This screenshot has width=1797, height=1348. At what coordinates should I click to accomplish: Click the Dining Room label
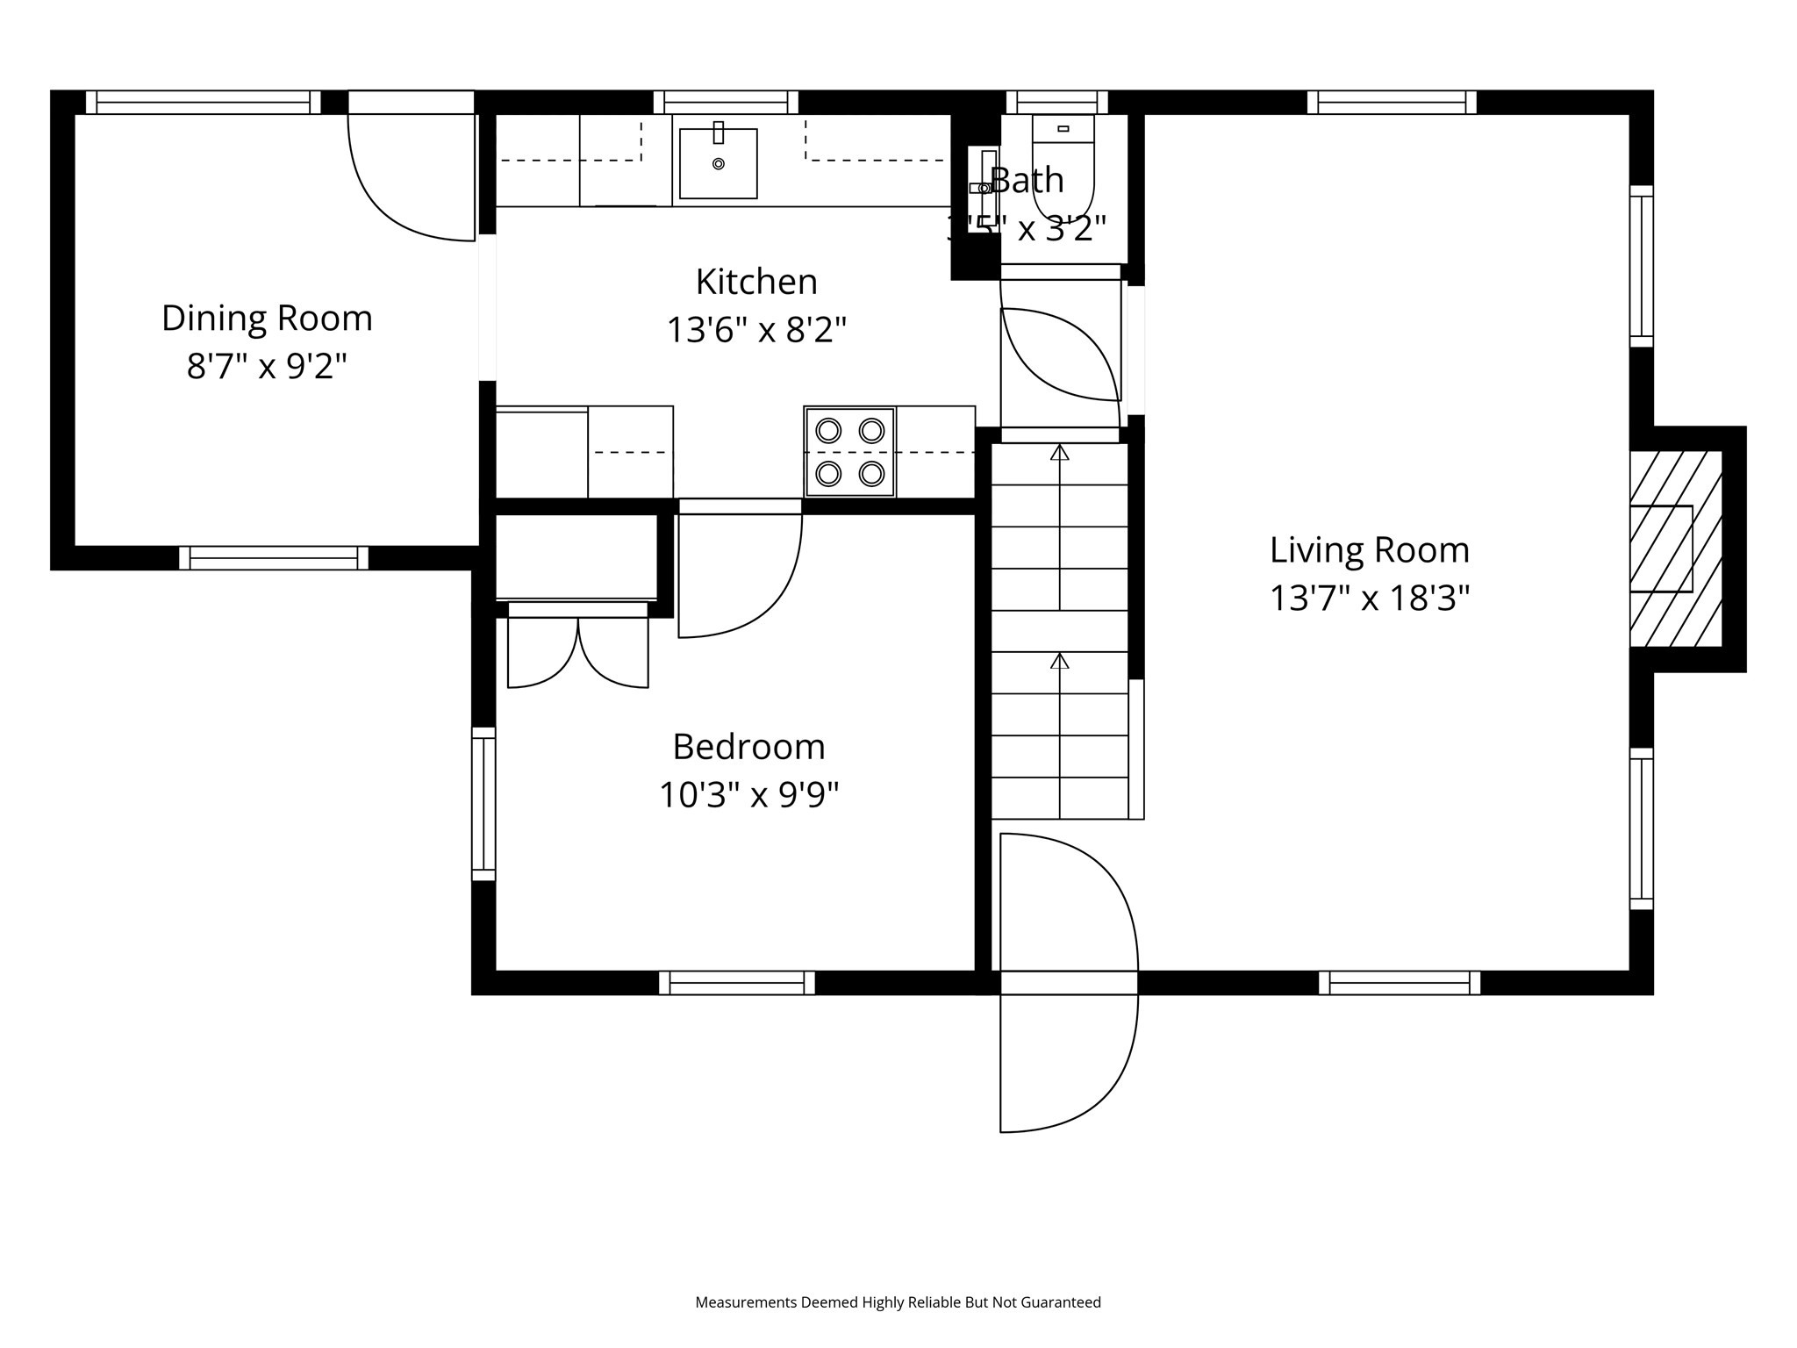tap(267, 318)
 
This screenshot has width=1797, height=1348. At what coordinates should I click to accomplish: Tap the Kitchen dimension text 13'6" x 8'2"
tap(756, 331)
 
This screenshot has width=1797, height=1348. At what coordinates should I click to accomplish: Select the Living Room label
tap(1369, 550)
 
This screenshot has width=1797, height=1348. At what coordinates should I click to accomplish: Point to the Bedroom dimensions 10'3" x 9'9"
tap(748, 795)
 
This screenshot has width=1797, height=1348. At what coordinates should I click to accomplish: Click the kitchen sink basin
tap(718, 163)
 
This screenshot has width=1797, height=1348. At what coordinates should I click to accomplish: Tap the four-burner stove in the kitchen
tap(849, 452)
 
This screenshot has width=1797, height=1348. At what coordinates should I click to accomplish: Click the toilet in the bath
tap(1063, 167)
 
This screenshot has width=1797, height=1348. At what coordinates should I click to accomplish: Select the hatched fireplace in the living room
tap(1674, 549)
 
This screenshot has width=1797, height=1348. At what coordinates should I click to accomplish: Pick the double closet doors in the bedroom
tap(577, 651)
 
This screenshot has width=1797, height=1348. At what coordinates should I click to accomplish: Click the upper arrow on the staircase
tap(1060, 453)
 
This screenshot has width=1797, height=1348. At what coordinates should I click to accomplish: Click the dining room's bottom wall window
tap(274, 558)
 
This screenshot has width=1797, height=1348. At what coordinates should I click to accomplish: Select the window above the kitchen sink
tap(726, 103)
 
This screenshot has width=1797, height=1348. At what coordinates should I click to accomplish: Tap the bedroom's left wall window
tap(483, 803)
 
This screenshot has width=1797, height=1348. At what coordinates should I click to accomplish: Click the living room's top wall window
tap(1392, 103)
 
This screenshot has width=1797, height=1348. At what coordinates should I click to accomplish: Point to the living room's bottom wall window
tap(1399, 982)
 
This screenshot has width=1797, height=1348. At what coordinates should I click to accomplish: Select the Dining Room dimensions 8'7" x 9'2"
tap(267, 366)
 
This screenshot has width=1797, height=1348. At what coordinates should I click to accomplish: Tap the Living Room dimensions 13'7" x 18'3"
tap(1369, 599)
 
